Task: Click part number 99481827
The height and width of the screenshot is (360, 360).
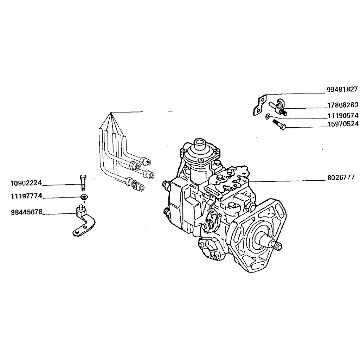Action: tap(342, 89)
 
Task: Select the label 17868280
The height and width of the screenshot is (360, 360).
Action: tap(342, 105)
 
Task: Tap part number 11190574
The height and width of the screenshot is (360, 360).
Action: tap(343, 115)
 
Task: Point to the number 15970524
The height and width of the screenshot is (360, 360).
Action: tap(343, 124)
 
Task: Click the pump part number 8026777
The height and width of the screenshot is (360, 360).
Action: tap(341, 178)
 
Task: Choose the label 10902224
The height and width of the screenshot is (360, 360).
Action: tap(26, 183)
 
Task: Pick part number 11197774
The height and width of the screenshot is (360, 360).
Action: tap(26, 196)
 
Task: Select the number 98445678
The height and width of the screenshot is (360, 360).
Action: tap(27, 212)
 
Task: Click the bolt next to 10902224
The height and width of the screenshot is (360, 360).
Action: tap(83, 183)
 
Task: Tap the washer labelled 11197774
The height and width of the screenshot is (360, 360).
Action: tap(84, 197)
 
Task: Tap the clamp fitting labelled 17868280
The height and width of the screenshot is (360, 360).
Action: tap(278, 107)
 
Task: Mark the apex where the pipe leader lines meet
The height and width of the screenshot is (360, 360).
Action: tap(111, 112)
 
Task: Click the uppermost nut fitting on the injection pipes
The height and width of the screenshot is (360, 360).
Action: tap(145, 161)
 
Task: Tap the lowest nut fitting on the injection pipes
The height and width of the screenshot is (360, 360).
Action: tap(139, 187)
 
